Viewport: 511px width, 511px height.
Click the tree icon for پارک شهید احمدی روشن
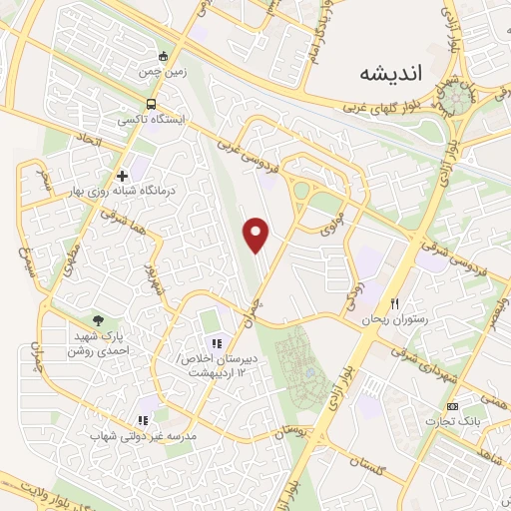98,319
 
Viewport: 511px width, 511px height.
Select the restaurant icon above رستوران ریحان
396,303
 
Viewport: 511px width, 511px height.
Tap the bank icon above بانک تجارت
453,406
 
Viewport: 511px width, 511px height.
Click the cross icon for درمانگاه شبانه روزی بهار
122,177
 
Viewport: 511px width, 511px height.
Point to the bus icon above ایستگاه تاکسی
150,104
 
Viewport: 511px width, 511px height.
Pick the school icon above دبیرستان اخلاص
215,343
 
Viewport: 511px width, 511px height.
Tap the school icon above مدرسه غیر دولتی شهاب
143,421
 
